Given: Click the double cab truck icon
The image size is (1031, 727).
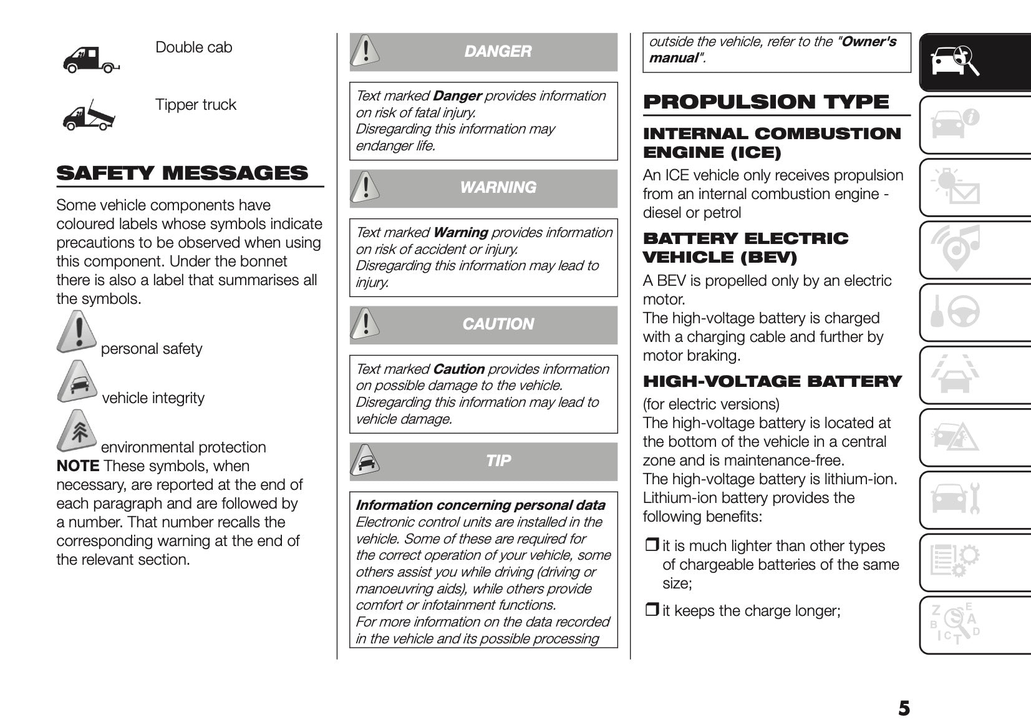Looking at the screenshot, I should [90, 60].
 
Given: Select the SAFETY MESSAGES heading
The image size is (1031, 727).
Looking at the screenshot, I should [182, 173].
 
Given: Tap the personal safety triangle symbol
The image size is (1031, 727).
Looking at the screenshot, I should [77, 332].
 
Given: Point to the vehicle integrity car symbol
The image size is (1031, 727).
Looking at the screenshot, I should [77, 382].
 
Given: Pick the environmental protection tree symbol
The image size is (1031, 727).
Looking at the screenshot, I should [77, 431].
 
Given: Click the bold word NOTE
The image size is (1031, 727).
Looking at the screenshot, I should [77, 466].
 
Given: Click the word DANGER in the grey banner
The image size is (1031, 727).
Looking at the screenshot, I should [498, 51].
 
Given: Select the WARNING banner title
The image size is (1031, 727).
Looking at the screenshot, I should [498, 187].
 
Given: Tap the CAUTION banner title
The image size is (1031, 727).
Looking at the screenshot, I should [498, 324].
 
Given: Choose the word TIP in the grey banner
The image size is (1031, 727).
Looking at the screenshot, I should [498, 461].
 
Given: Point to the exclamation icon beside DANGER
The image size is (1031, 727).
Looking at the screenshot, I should [365, 51].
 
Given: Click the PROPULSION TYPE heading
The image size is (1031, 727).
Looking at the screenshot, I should [766, 102].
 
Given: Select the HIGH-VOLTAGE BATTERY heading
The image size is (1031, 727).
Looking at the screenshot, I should [772, 381].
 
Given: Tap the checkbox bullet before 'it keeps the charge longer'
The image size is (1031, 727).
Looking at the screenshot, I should [652, 610].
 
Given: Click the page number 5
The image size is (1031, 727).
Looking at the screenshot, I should [904, 708].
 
